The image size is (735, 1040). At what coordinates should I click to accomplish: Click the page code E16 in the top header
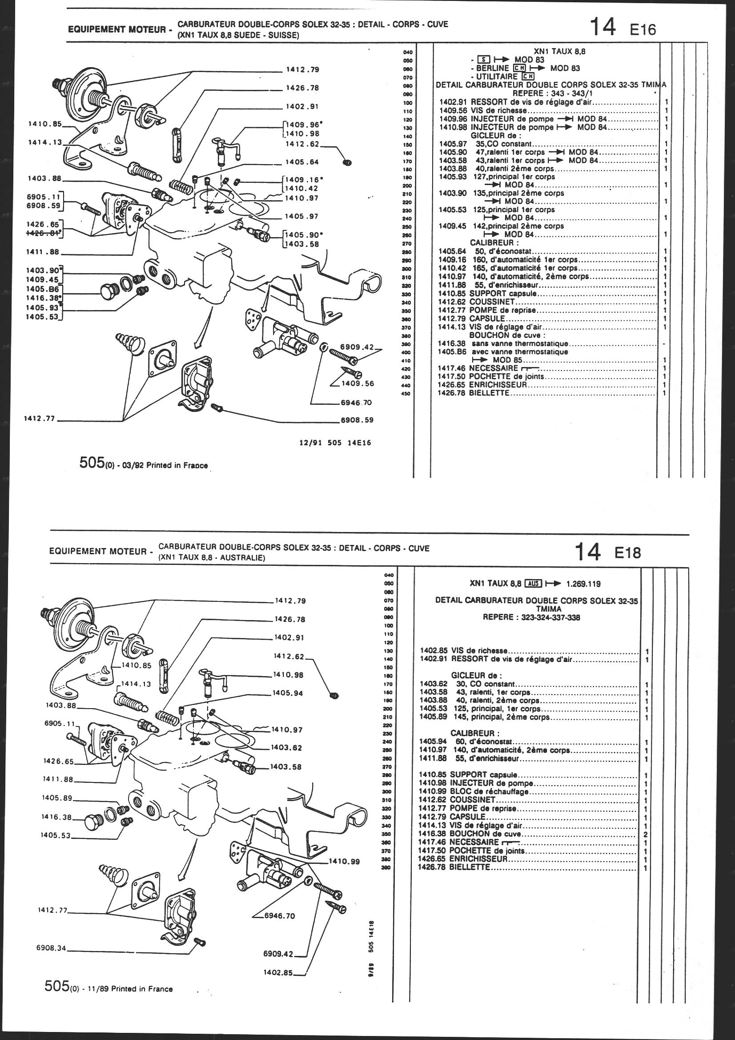[643, 29]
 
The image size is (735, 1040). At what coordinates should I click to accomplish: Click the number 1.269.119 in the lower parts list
[584, 584]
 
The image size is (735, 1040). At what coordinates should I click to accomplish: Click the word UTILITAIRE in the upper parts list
[497, 77]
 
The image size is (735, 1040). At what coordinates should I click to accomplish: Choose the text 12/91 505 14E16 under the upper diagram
[335, 443]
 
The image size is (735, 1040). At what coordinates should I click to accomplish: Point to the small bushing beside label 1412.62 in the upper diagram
[348, 162]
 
